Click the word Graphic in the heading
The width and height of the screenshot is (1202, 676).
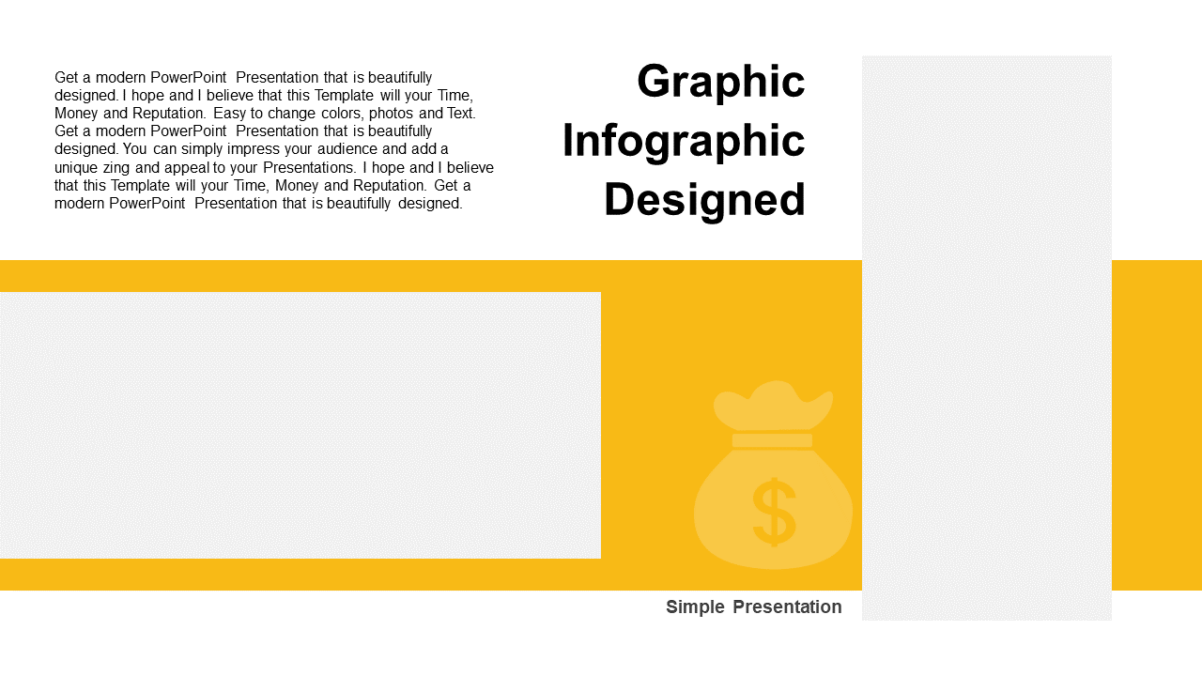tap(720, 82)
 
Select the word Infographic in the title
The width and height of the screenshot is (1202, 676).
tap(684, 142)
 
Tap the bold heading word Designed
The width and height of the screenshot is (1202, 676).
tap(704, 200)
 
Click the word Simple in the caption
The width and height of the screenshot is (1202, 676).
tap(696, 607)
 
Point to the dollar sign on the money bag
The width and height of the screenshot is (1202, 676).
tap(774, 513)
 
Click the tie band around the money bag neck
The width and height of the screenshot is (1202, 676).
tap(772, 440)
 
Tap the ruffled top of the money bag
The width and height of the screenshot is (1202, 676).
tap(773, 405)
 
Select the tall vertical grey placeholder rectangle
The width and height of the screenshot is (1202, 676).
tap(987, 338)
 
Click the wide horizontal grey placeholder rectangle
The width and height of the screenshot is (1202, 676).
tap(300, 425)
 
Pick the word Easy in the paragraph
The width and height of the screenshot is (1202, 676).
tap(230, 114)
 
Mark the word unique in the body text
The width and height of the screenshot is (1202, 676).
tap(76, 168)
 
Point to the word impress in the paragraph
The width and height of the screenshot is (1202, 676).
tap(254, 149)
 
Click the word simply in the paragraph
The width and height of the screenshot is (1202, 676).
tap(202, 149)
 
